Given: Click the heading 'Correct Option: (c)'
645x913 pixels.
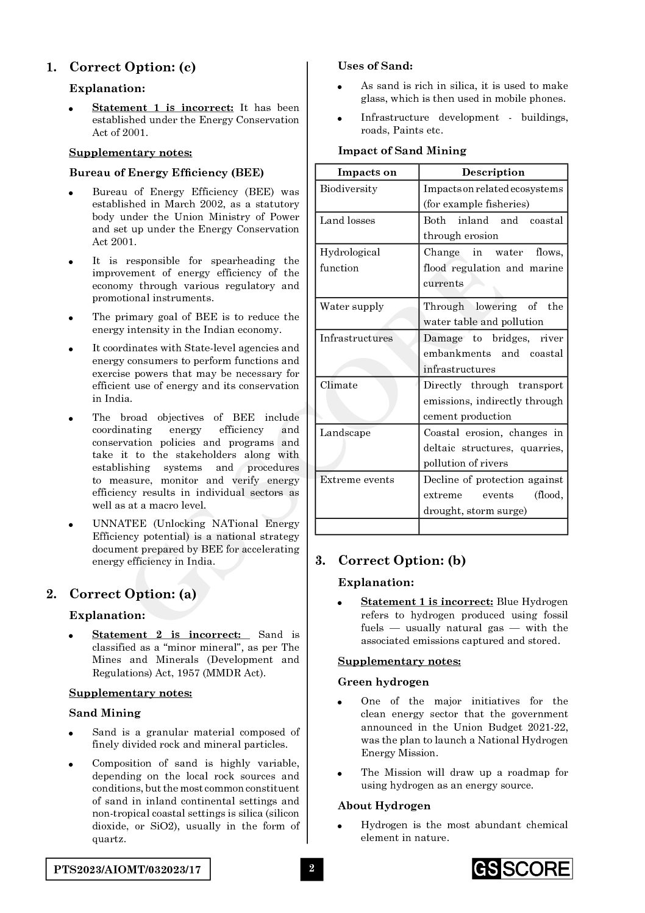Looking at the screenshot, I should click(x=132, y=67).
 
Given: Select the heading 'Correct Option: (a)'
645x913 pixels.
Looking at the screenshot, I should click(x=132, y=594).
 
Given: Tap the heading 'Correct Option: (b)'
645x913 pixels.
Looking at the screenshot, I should click(x=401, y=560).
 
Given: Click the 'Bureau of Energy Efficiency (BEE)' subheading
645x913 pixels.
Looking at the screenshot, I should click(x=166, y=173).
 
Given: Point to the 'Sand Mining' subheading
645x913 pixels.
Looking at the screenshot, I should click(x=105, y=713).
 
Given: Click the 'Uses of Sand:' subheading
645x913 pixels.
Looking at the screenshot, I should click(x=375, y=66).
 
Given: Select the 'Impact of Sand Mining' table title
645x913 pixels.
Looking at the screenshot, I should click(x=402, y=151).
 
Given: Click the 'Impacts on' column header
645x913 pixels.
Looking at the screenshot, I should click(x=367, y=172).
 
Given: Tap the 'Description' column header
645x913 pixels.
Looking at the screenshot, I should click(x=493, y=172).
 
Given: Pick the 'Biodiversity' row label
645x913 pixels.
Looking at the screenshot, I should click(x=349, y=189).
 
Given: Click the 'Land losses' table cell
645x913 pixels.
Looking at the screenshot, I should click(x=347, y=221).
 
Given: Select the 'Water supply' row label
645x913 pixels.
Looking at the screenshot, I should click(x=352, y=307).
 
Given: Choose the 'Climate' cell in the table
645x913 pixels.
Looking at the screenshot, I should click(x=338, y=385).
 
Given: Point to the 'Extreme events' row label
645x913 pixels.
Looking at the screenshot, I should click(x=357, y=480).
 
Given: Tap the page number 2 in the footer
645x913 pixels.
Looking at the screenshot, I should click(x=312, y=868).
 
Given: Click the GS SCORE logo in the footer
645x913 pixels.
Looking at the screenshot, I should click(x=522, y=868).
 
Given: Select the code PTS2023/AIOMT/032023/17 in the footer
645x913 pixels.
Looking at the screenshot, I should click(x=128, y=868).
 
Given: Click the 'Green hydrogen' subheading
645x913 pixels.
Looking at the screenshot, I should click(x=383, y=682).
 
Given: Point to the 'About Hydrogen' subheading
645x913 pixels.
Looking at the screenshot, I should click(x=384, y=806).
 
